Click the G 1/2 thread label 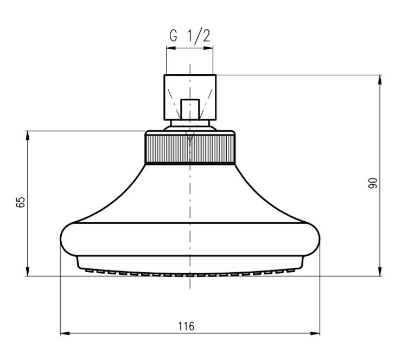[190, 36]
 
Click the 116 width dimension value [187, 326]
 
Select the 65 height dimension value [21, 202]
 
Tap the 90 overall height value [373, 183]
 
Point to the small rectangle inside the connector [190, 110]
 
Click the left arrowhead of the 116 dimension [65, 333]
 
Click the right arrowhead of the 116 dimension [315, 333]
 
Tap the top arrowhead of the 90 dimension [380, 80]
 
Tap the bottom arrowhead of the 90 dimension [380, 271]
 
